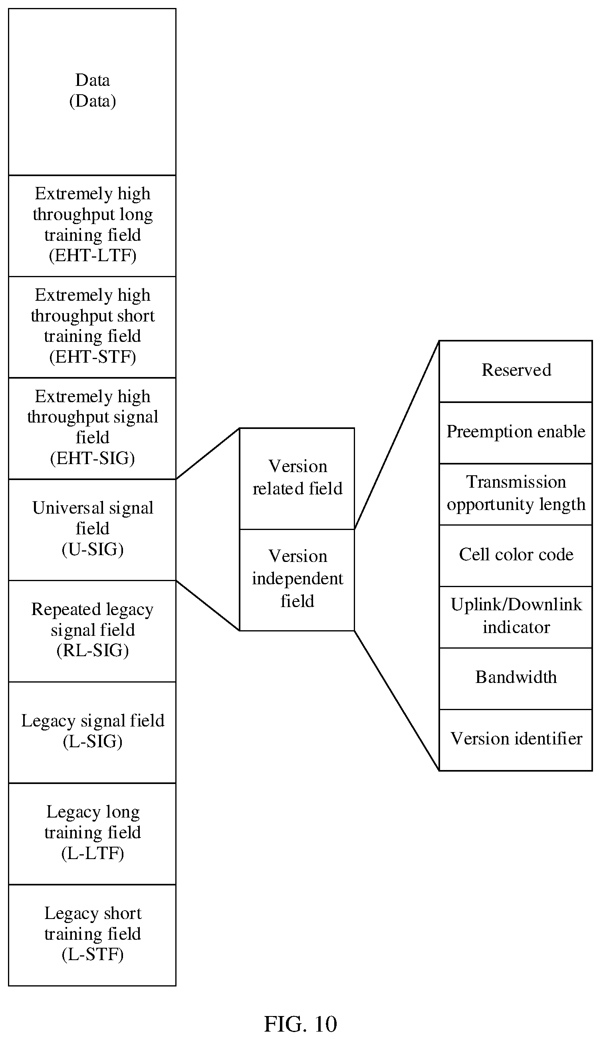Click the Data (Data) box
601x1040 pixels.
92,91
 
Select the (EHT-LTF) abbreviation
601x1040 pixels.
93,256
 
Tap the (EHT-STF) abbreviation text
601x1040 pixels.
93,357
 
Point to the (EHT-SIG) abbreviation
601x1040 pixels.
93,458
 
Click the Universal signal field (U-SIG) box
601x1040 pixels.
92,530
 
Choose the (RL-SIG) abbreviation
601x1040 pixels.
93,651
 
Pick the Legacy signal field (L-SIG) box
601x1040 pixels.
92,732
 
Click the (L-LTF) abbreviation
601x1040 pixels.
93,853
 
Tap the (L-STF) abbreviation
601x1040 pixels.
93,955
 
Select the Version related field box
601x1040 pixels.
297,479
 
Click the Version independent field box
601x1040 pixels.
297,580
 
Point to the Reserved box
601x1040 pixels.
516,371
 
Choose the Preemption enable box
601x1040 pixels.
516,433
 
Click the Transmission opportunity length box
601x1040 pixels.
516,494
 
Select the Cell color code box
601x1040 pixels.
516,556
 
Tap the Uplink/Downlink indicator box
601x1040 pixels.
516,617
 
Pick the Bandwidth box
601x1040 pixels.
516,679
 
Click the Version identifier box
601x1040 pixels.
516,740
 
